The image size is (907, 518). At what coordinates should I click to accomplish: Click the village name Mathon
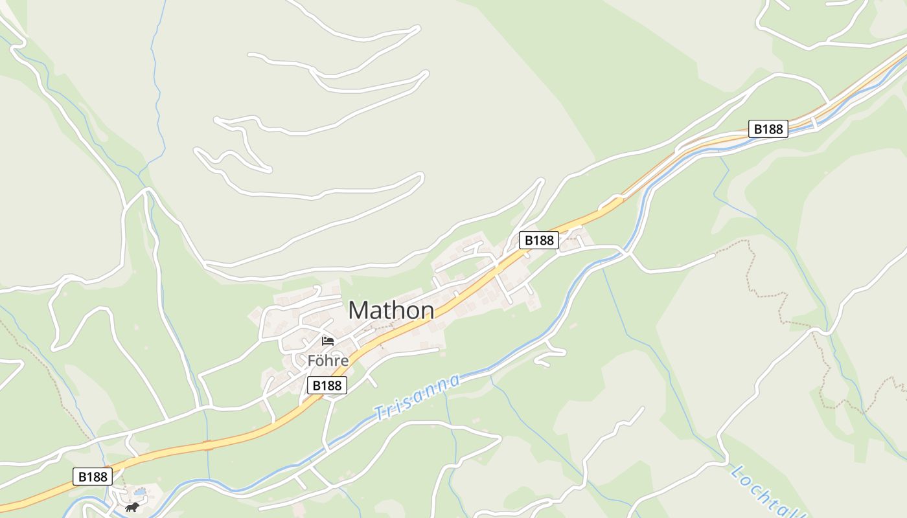(391, 311)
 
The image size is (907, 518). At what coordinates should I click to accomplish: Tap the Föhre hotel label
(328, 361)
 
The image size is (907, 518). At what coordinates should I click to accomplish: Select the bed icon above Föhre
(327, 341)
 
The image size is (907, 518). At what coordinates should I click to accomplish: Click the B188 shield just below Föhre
(327, 386)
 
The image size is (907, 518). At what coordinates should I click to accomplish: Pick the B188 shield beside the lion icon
(92, 477)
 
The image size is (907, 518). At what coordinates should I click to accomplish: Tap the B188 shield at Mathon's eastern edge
(539, 240)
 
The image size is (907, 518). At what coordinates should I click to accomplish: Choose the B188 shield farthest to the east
(768, 129)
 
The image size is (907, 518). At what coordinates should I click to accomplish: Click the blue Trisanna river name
(418, 396)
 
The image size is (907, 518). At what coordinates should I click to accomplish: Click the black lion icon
(132, 507)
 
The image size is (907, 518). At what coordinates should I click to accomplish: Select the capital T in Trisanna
(379, 412)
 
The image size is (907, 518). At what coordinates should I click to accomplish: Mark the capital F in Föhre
(312, 361)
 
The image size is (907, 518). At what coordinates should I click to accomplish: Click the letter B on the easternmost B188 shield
(756, 129)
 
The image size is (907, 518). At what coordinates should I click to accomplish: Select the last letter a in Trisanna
(455, 379)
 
